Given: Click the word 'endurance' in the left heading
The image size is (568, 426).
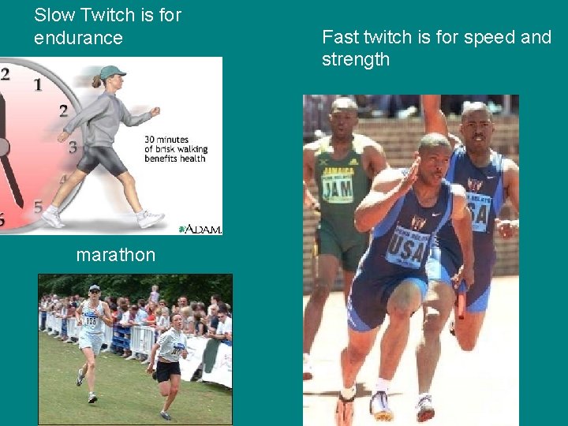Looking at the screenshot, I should coord(78,38).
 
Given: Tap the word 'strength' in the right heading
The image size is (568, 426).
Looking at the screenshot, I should coord(355,59).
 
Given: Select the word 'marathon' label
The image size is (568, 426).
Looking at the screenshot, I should coord(115,255).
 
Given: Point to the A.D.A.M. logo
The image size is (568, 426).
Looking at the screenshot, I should coord(200,229).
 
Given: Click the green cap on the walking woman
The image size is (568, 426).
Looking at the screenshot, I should coord(111,73).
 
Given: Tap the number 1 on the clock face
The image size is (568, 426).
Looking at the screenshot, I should coord(38,84).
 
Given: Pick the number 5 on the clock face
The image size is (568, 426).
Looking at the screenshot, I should coord(38,207).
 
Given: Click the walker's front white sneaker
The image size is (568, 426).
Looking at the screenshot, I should coord(151,219).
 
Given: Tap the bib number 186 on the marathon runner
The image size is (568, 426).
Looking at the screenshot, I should coord(91,321).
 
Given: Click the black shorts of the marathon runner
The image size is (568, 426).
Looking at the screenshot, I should coord(167,370).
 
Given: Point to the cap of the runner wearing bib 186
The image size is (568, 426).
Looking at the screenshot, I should coord(95,288).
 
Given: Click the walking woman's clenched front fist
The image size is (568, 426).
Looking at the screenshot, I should coord(155,112).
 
